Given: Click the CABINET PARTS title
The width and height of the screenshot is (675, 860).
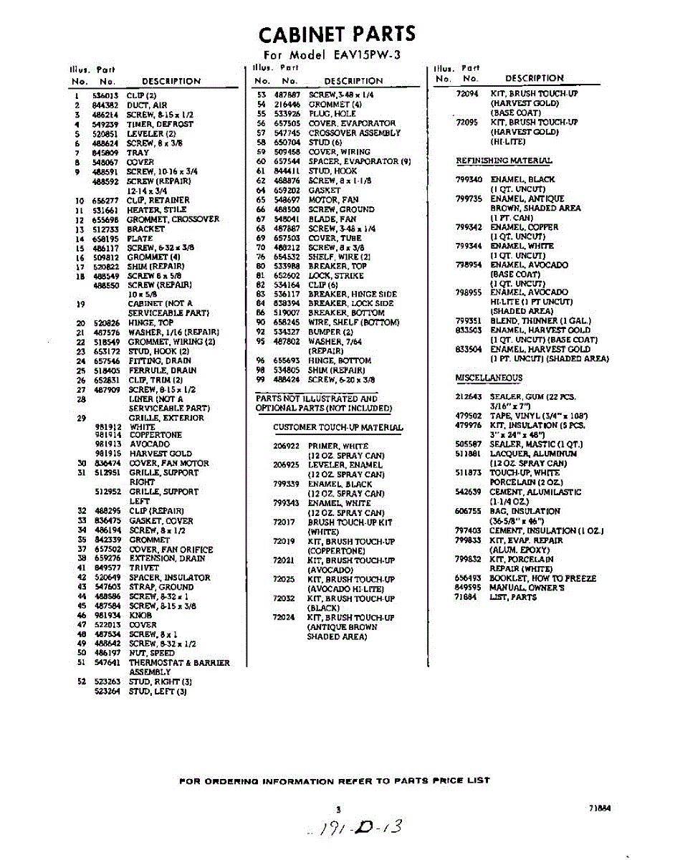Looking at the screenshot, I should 336,34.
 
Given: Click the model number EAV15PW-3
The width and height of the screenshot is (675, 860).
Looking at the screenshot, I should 361,55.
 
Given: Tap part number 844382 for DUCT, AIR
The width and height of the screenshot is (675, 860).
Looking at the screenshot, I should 105,105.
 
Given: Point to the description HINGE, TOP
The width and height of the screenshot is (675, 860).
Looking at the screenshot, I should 151,323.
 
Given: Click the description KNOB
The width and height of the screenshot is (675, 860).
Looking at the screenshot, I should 140,615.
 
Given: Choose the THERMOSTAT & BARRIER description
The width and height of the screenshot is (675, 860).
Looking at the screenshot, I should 179,663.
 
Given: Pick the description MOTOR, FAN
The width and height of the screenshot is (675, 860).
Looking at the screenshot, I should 333,200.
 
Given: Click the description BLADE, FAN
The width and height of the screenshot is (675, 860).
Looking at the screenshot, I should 332,219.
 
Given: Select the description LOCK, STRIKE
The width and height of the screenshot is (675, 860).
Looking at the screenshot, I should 336,275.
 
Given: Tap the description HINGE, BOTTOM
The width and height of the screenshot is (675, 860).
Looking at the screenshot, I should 340,360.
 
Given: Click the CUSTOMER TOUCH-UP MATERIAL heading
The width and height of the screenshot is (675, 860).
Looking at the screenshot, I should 337,428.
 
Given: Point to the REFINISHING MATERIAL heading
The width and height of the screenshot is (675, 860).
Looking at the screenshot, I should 504,161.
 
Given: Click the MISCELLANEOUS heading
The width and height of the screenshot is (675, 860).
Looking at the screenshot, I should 489,378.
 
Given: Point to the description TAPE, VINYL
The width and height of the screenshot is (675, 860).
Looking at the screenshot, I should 530,416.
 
